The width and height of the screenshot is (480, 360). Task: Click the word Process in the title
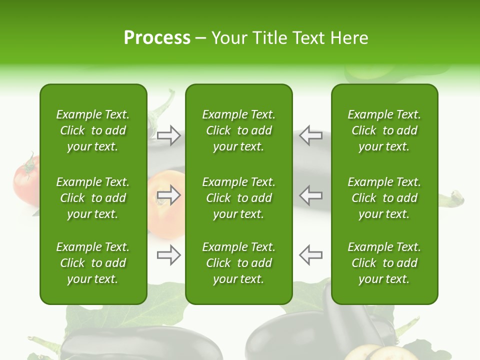[x=157, y=38]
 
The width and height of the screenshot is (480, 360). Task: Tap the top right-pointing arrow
[x=168, y=135]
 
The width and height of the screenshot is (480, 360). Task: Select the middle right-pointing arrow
[x=168, y=195]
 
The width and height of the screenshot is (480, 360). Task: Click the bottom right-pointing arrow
[x=168, y=255]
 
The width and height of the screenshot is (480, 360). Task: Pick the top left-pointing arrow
[x=311, y=135]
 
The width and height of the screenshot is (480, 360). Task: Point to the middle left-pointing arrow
[x=311, y=195]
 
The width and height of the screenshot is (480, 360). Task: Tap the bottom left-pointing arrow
[x=311, y=255]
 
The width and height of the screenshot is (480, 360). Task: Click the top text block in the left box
[x=93, y=130]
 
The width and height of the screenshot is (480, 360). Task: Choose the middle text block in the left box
[x=93, y=198]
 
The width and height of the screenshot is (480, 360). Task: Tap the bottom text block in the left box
[x=93, y=263]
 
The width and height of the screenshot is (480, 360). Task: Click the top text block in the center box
[x=238, y=130]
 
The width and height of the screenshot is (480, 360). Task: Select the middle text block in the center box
[x=238, y=198]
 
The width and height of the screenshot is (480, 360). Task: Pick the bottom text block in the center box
[x=238, y=263]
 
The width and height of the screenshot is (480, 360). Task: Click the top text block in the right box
[x=384, y=130]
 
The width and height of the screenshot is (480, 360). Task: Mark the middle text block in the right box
[x=384, y=198]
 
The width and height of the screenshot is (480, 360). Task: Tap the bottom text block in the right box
[x=384, y=263]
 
